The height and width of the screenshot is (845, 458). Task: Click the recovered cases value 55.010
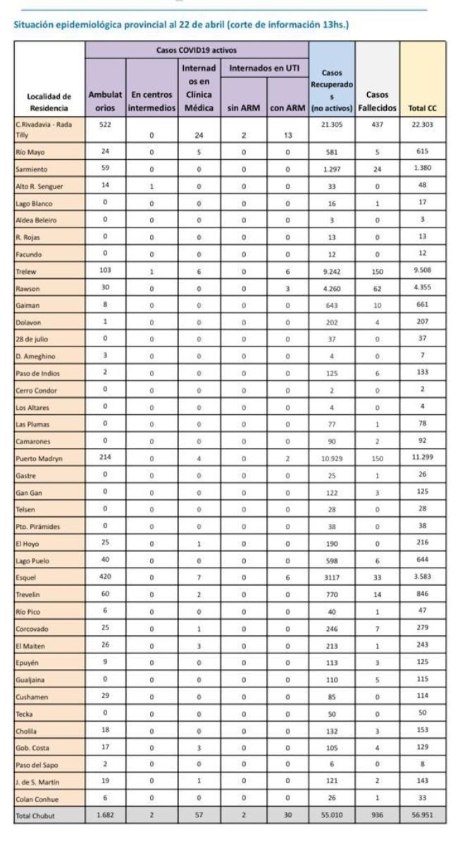click(x=331, y=815)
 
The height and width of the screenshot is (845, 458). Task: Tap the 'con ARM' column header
click(x=287, y=108)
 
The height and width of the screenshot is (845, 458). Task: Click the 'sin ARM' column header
click(x=243, y=108)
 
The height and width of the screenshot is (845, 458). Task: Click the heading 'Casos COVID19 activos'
click(x=197, y=50)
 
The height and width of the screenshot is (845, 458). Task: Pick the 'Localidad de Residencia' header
click(x=49, y=102)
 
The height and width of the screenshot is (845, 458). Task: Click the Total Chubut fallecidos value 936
click(x=377, y=815)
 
